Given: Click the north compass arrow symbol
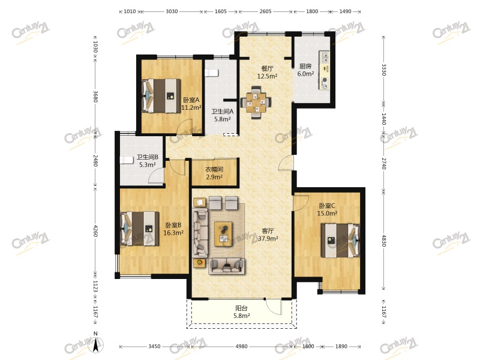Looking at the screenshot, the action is point(95,345).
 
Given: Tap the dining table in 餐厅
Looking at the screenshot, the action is point(256,103).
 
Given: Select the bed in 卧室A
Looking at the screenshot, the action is point(161,96).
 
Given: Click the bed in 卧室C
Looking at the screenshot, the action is point(340,241).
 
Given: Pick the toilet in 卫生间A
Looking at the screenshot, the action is point(211,73).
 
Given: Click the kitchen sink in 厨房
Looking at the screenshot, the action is point(324,56).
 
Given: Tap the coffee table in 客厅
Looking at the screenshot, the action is point(223,234).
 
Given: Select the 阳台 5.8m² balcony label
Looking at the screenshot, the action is point(242,312).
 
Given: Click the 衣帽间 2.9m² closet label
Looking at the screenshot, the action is point(214,173).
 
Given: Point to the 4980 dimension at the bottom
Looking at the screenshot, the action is point(242,347).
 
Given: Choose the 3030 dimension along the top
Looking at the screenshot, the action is point(172,11).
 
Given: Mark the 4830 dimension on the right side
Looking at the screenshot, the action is point(383,241).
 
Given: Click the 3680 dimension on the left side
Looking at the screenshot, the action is point(95,97).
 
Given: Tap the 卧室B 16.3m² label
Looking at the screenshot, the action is point(173,229).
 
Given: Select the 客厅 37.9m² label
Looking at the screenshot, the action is point(268,235).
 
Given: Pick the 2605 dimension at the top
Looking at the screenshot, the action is point(265,11).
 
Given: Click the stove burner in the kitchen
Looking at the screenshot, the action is point(324,80).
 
